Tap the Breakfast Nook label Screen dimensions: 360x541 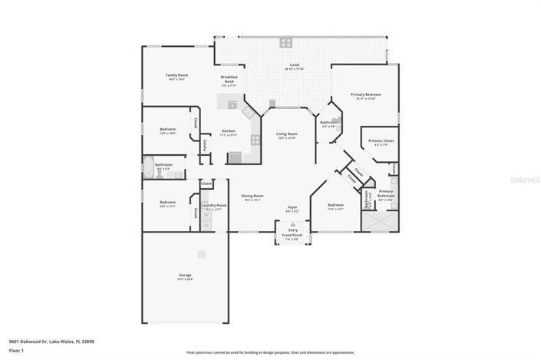[229, 78]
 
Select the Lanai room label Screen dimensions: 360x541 [294, 65]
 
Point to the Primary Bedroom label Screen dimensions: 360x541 [366, 94]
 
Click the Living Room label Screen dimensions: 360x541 [286, 134]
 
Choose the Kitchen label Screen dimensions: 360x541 [229, 131]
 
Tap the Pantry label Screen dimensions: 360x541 [206, 144]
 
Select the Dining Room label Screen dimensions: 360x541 [252, 196]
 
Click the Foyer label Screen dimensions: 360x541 [292, 207]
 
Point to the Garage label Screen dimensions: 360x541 [186, 276]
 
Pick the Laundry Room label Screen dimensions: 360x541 [213, 205]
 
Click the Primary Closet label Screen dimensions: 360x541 [381, 141]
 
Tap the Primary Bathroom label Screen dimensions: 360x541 [385, 193]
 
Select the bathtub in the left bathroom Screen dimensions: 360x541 [149, 167]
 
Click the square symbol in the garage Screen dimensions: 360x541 [201, 254]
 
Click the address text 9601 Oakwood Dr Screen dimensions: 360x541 [31, 342]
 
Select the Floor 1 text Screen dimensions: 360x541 [15, 351]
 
